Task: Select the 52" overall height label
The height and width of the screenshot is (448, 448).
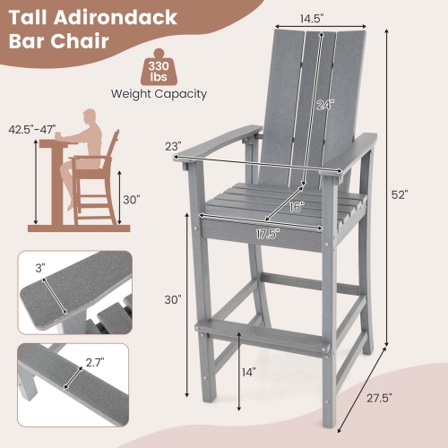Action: click(x=399, y=194)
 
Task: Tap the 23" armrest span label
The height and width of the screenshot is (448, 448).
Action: click(x=173, y=146)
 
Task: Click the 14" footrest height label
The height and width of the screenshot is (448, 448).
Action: click(x=248, y=372)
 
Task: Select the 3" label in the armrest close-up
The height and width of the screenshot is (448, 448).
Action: click(x=40, y=266)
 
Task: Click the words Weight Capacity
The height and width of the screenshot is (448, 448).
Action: click(x=159, y=93)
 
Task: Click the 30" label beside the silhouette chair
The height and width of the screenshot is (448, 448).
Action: click(x=133, y=199)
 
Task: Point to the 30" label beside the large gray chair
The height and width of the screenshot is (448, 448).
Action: click(x=173, y=298)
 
